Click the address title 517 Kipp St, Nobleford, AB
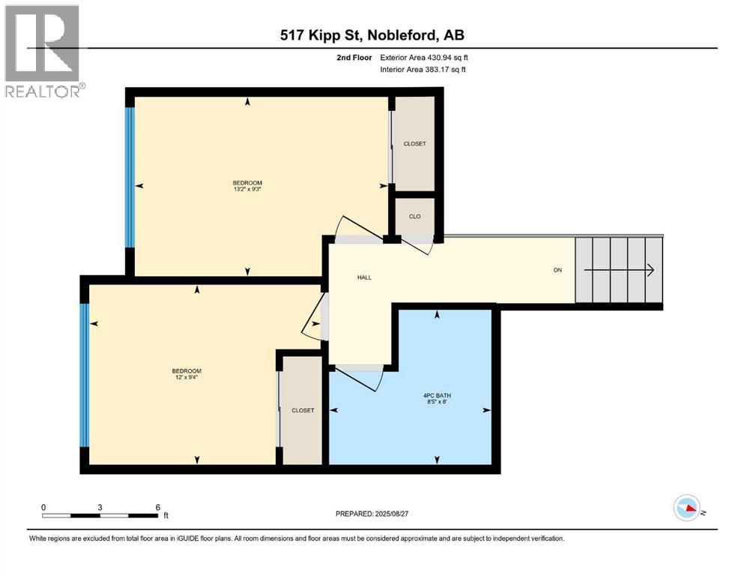point(372,35)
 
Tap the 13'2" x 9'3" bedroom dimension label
point(247,189)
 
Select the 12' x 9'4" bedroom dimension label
point(186,377)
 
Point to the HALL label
point(363,277)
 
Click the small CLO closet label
point(414,217)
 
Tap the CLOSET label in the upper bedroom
point(414,144)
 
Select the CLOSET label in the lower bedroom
point(303,410)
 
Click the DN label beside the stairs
point(557,270)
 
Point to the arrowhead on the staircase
point(650,270)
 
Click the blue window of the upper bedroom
point(130,177)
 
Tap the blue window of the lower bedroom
point(85,375)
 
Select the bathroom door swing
point(360,379)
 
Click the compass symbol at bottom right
point(686,508)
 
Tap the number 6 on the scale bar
point(157,507)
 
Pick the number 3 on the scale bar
point(100,507)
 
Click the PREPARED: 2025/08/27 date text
point(372,514)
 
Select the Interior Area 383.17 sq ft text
point(424,70)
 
